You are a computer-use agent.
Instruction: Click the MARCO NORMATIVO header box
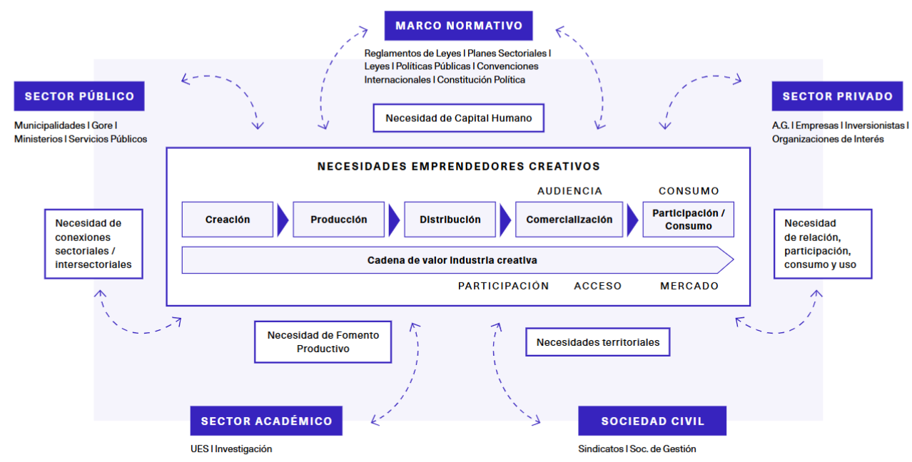459,26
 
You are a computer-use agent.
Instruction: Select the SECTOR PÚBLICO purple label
79,96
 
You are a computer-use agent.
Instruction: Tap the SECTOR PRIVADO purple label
837,96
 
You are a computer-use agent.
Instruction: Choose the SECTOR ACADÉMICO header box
266,421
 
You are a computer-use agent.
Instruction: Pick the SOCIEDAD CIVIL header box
652,421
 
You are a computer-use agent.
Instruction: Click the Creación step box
228,220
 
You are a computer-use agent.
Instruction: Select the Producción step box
338,220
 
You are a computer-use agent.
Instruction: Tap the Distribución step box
450,220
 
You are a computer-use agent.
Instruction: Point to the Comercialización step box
569,220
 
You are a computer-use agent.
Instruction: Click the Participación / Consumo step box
688,220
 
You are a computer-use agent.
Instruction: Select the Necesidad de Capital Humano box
458,118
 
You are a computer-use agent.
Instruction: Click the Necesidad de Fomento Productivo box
323,342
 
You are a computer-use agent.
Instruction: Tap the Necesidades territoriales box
597,342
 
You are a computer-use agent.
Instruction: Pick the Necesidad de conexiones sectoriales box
93,244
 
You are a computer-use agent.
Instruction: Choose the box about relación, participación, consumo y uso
822,244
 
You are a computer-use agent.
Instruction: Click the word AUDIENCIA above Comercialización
569,191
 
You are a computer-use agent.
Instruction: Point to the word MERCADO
689,286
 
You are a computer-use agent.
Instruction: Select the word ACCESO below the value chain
597,286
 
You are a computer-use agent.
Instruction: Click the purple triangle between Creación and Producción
283,220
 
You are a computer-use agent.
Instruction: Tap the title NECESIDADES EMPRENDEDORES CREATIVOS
458,166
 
